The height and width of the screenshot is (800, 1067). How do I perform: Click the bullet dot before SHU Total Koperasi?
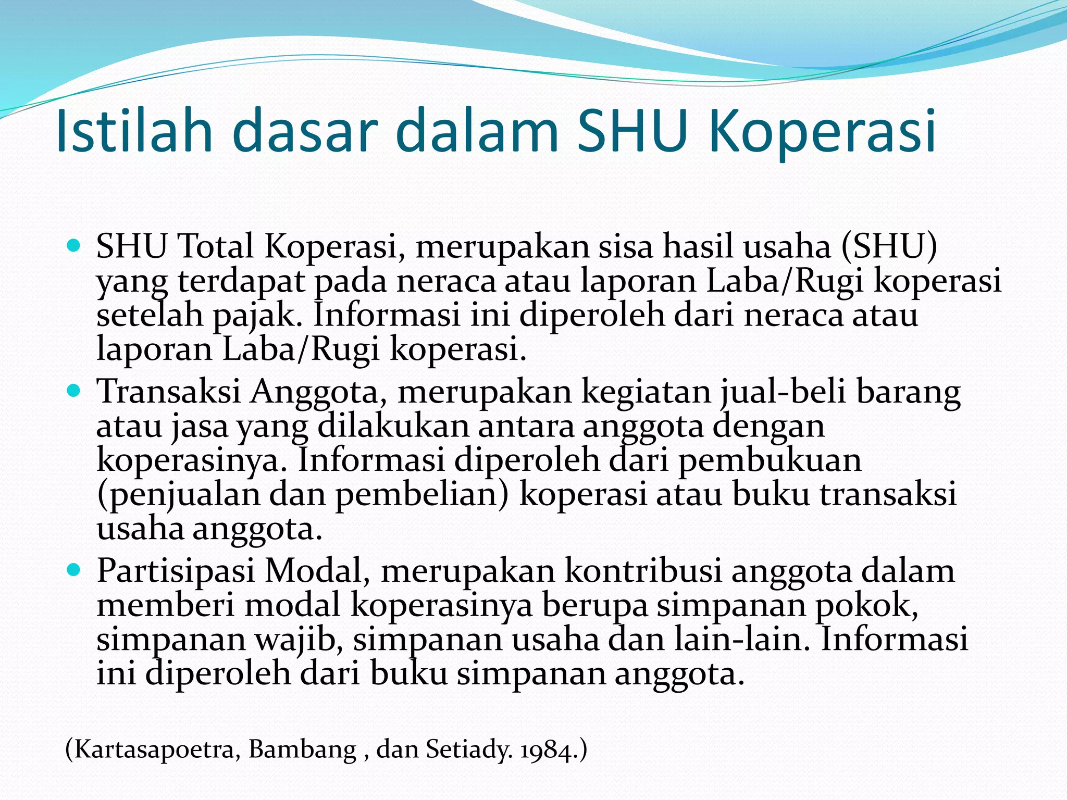click(75, 244)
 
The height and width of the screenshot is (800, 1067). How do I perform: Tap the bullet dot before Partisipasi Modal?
click(75, 569)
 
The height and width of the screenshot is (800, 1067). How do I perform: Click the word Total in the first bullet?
click(216, 245)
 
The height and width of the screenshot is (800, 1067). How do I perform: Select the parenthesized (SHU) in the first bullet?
click(889, 245)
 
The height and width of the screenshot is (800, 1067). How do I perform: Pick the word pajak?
click(257, 316)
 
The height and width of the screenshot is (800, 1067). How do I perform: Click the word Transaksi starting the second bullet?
click(169, 391)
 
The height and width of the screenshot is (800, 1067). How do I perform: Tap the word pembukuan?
click(770, 460)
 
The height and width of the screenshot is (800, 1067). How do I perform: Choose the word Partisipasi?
click(176, 571)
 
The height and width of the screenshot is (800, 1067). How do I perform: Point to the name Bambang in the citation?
click(302, 750)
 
